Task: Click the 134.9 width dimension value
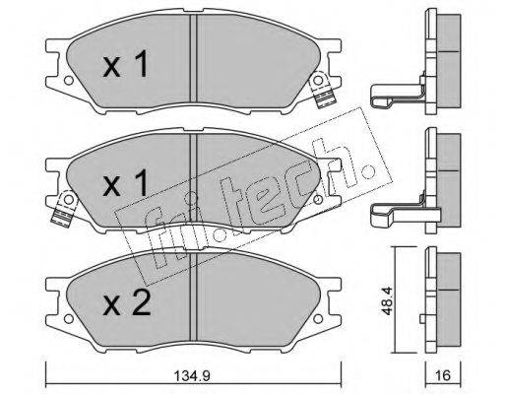click(x=192, y=375)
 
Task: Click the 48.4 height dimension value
click(x=388, y=301)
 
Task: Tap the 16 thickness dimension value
click(x=443, y=375)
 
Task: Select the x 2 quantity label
click(x=127, y=303)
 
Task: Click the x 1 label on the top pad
click(x=125, y=65)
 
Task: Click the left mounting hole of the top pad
click(x=68, y=81)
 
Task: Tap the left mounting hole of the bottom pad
click(x=68, y=318)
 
